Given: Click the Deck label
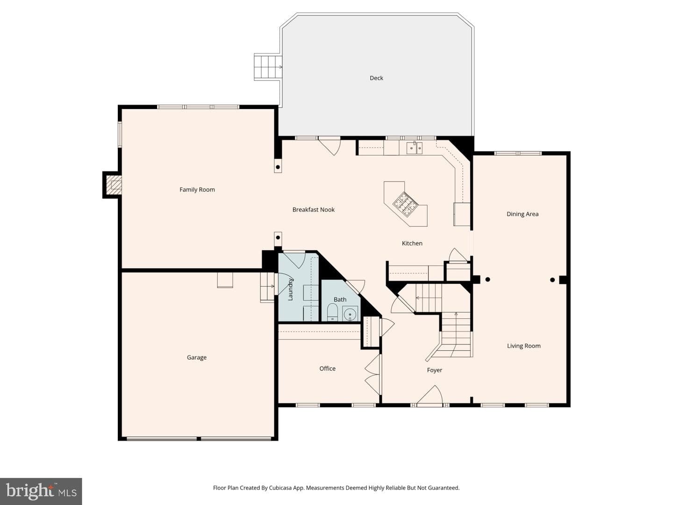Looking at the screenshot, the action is tap(376, 78).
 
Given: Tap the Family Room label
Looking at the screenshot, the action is tap(197, 190).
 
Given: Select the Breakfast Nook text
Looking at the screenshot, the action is tap(313, 210).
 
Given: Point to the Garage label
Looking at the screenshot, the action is tap(197, 358).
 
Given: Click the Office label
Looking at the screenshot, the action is tap(328, 368).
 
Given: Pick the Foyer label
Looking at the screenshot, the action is tap(435, 370).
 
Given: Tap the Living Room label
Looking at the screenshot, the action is tap(524, 346).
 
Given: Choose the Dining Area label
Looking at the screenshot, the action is tap(523, 214).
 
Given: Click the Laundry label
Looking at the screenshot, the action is tap(290, 289).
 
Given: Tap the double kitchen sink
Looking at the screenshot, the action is tap(414, 148).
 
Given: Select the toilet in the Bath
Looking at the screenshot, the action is tap(332, 312).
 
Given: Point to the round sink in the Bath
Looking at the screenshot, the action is tap(350, 314).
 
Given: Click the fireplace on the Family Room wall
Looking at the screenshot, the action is tap(113, 185).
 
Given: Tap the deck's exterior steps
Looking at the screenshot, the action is tap(268, 67).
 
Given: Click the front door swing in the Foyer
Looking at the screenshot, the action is tap(430, 396).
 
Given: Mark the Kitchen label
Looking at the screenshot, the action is tap(412, 244).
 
